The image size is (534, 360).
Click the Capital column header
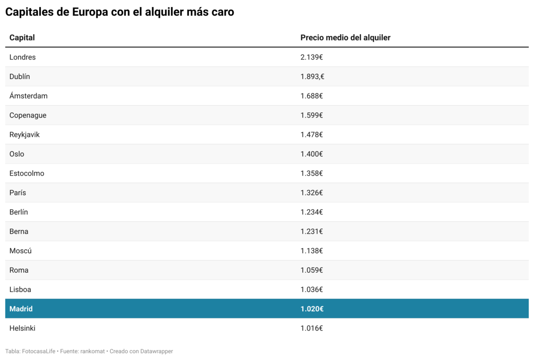pos(22,37)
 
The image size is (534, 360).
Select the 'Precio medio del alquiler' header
pos(345,37)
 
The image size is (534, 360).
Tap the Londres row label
pos(22,57)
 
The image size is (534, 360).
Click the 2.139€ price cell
pos(311,57)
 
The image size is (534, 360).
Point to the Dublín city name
pos(20,77)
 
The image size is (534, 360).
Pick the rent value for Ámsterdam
pos(311,96)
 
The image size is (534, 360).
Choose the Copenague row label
pos(28,115)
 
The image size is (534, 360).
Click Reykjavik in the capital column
pos(24,134)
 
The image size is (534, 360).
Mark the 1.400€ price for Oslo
pos(311,154)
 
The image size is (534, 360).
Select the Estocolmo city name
pos(27,173)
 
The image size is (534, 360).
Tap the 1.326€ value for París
pos(311,193)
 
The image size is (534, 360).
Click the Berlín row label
pos(19,212)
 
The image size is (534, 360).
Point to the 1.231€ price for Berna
pos(311,231)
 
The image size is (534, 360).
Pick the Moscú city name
pos(20,251)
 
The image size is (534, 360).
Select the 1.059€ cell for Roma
pos(311,270)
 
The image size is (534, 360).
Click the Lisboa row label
pos(20,289)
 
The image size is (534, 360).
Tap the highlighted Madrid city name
pos(21,309)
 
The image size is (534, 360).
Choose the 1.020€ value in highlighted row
pos(311,309)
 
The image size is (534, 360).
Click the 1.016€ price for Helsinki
pos(311,328)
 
